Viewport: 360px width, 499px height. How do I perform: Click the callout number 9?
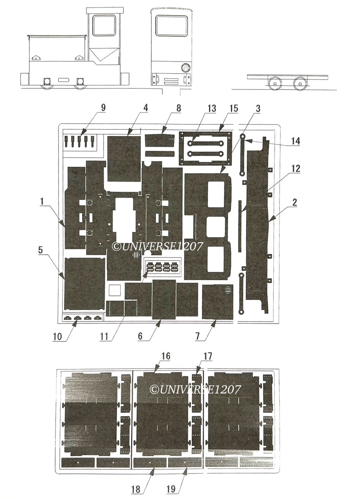103,108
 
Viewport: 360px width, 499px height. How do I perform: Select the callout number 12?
295,168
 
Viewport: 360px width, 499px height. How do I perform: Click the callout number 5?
40,250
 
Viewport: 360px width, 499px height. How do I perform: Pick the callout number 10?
57,337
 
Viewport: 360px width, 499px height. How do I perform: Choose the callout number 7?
198,337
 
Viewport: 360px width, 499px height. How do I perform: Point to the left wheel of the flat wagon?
275,84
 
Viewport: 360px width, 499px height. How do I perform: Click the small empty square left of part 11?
115,290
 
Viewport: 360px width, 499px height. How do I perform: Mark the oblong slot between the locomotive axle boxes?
64,80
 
